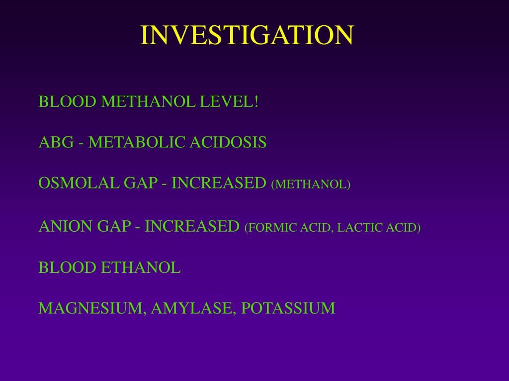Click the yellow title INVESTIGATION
point(247,35)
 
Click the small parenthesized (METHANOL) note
point(311,185)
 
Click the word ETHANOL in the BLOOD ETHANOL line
point(141,268)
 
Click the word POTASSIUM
point(288,309)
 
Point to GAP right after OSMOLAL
point(140,183)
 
